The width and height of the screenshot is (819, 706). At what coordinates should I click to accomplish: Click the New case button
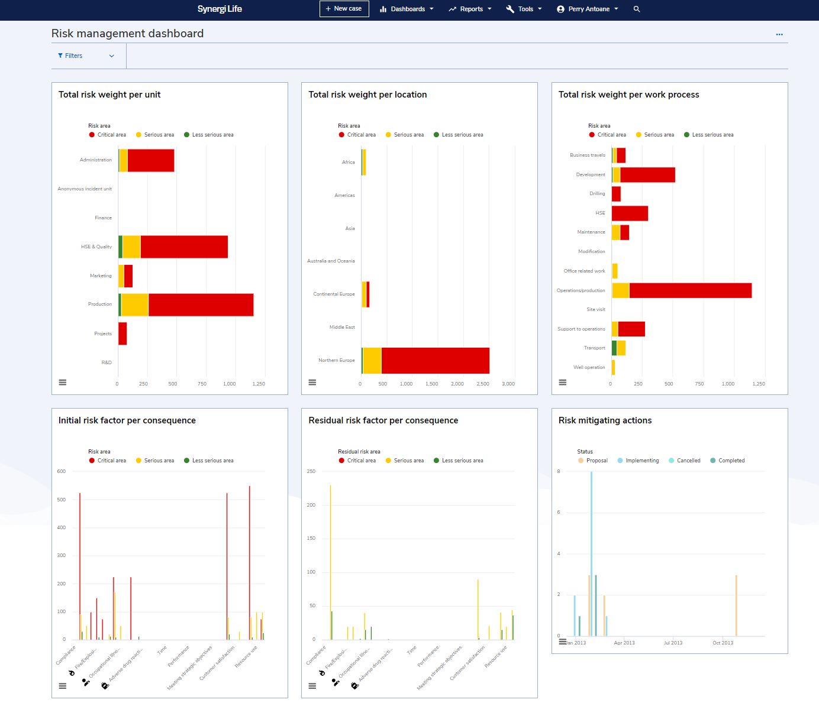344,9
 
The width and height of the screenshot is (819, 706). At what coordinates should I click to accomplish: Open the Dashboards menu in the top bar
407,9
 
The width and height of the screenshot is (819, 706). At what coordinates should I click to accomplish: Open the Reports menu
470,9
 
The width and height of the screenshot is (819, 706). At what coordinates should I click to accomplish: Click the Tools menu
524,9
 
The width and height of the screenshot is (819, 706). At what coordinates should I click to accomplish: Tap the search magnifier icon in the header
637,9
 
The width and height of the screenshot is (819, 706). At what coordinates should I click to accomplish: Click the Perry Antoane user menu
588,9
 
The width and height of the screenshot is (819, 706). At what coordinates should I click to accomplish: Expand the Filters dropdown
86,56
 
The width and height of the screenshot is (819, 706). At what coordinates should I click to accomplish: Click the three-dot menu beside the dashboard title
779,34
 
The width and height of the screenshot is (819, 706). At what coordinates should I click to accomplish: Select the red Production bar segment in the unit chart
201,305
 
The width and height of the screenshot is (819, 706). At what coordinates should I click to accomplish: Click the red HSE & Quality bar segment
184,247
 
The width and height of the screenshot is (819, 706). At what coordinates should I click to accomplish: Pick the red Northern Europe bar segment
435,361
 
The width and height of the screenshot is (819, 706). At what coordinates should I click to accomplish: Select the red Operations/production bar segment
690,290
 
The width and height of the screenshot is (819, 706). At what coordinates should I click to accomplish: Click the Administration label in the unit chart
95,160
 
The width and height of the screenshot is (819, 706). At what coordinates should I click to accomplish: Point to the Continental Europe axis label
334,294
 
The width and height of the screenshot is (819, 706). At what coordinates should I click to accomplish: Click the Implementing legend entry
641,461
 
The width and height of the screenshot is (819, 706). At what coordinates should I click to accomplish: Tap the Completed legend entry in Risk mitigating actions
731,461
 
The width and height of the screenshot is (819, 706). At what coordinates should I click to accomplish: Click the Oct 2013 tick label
723,643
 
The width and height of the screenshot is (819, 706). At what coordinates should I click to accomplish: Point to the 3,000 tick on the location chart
508,384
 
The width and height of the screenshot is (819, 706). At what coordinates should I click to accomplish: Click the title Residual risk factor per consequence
383,420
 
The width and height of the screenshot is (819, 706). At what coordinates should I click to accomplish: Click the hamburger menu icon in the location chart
312,383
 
